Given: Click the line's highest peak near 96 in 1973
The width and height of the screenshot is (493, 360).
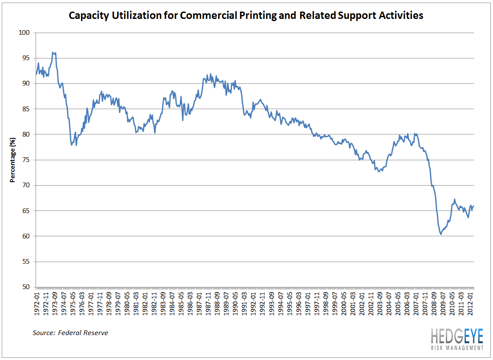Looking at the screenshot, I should [53, 52].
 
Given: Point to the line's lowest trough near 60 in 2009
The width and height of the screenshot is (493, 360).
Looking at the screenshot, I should [441, 234].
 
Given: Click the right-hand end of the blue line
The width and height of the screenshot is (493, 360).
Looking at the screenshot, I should [474, 206].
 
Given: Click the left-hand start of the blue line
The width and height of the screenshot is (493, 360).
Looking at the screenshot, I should [36, 74].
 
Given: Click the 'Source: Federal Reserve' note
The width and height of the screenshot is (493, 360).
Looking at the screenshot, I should [70, 333].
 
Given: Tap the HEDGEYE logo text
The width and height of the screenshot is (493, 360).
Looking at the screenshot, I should [456, 336].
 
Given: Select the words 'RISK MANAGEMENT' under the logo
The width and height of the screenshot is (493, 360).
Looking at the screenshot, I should [456, 347].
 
